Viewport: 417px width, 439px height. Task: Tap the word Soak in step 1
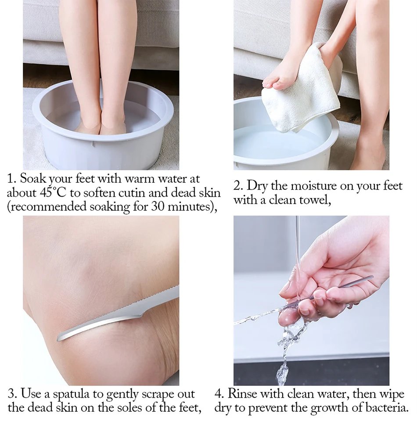(32, 179)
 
